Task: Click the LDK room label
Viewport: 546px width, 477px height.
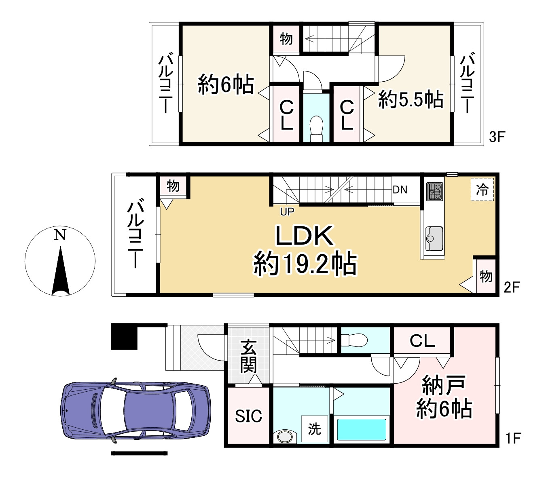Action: click(x=305, y=236)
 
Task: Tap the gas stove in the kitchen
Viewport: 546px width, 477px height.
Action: click(x=435, y=192)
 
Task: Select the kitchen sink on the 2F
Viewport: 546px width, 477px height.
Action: click(x=434, y=238)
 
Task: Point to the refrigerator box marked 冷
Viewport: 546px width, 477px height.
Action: click(x=482, y=189)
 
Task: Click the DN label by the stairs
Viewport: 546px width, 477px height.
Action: click(x=400, y=190)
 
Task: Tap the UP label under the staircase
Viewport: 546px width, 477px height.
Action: click(x=287, y=212)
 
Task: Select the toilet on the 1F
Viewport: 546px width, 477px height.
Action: click(x=354, y=340)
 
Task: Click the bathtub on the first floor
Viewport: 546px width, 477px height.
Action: click(x=362, y=430)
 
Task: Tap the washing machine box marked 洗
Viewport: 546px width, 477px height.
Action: click(x=315, y=429)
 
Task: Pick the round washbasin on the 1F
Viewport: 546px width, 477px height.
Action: click(x=285, y=437)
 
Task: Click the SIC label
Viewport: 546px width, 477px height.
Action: click(x=248, y=416)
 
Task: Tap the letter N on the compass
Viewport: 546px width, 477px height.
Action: click(x=60, y=235)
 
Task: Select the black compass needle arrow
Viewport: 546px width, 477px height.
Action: click(x=61, y=270)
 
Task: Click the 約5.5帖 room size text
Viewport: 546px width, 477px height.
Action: click(x=411, y=100)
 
